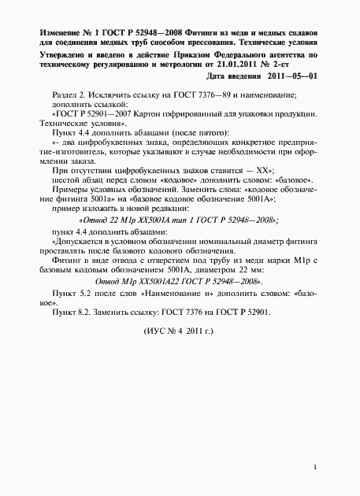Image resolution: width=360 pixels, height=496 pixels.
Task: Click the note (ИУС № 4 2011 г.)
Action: pos(180,354)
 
